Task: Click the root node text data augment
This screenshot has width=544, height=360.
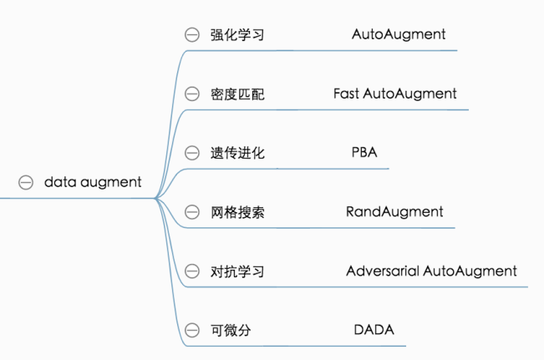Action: coord(93,182)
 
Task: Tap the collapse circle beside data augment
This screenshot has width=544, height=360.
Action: coord(26,182)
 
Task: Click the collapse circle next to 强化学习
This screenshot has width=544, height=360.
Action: coord(192,34)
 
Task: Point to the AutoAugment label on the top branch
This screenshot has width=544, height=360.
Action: coord(399,34)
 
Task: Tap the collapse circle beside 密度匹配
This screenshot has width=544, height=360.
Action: coord(192,94)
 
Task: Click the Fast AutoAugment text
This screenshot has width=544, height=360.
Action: coord(394,94)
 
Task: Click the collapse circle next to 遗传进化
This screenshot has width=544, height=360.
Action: coord(192,154)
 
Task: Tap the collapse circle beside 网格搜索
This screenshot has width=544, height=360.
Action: coord(192,212)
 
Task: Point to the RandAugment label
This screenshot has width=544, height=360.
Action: coord(394,212)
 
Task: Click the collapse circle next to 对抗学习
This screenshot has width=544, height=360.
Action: coord(192,271)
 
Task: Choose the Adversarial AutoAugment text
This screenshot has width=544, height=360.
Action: coord(431,271)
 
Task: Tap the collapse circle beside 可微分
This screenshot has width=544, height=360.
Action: coord(192,331)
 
